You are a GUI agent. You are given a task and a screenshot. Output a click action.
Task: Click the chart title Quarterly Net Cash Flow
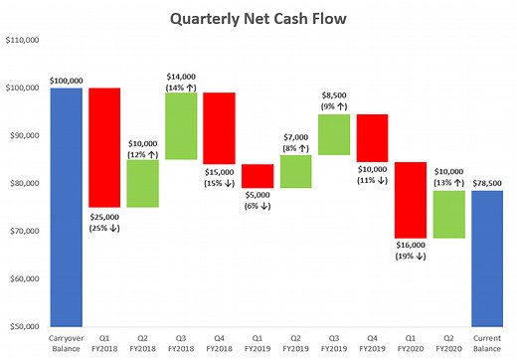pos(259,18)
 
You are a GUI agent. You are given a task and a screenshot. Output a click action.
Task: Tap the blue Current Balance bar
pos(486,258)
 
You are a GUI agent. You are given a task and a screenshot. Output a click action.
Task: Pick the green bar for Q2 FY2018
pos(142,183)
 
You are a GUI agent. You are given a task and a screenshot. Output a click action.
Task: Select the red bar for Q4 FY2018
pos(220,128)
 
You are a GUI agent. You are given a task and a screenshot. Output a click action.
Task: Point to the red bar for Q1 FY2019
pos(258,176)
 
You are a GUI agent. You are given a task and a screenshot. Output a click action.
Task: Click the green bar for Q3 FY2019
pos(334,134)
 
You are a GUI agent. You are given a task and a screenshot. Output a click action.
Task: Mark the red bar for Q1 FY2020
pos(411,200)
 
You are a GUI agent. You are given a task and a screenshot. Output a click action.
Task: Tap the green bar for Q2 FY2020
pos(448,214)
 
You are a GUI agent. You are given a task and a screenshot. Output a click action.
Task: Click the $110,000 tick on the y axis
pos(22,41)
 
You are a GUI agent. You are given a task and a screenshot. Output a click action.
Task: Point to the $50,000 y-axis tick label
pos(24,326)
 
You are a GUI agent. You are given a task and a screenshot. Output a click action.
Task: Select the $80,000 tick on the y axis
pos(24,183)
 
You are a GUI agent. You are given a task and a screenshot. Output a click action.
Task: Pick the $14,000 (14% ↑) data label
pos(181,82)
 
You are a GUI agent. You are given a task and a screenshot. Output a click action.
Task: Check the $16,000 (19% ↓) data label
pos(411,251)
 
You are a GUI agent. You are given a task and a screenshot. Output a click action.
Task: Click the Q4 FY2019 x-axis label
pos(372,343)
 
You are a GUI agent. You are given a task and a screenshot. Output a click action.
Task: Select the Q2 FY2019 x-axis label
pos(295,343)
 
